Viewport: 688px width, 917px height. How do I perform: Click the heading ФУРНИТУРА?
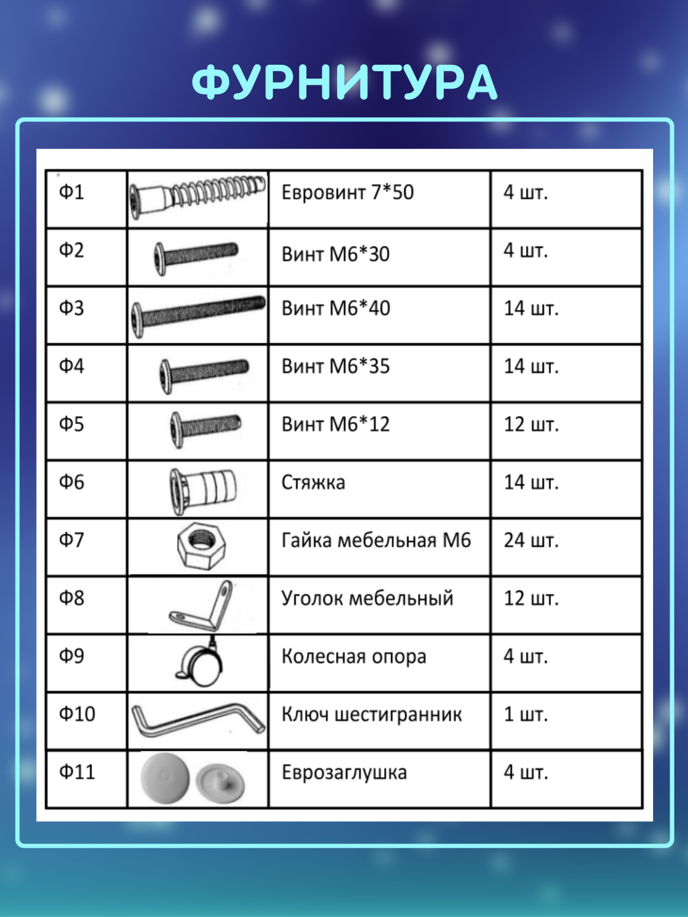pos(344,83)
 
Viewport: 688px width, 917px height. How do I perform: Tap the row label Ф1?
pos(72,192)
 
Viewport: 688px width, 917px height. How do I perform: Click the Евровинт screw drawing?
pos(198,197)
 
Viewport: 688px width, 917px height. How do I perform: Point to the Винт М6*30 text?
pos(335,254)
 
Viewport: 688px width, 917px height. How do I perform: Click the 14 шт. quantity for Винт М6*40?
pos(531,308)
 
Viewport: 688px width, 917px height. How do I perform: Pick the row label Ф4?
pos(72,366)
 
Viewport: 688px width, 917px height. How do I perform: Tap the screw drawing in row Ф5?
pos(206,430)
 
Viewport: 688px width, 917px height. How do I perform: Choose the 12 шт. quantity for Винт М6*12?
pos(531,425)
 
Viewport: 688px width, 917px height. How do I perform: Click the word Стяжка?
pos(313,483)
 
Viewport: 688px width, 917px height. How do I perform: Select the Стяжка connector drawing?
pos(203,491)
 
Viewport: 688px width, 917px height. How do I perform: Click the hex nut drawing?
pos(201,545)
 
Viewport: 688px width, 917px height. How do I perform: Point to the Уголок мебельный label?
pos(367,598)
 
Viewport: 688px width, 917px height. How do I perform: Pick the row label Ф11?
pos(77,772)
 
